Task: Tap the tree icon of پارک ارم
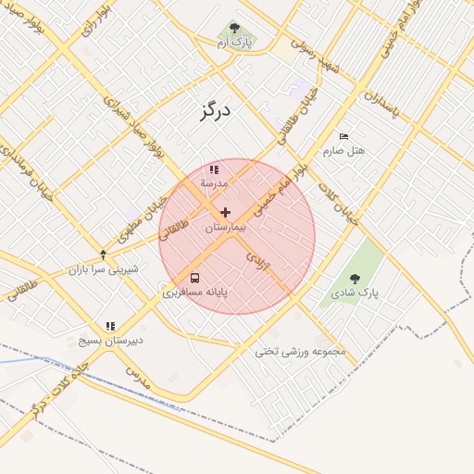[234, 28]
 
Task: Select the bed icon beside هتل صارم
[344, 136]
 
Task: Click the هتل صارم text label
[344, 150]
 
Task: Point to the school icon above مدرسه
[215, 169]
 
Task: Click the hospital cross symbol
[226, 213]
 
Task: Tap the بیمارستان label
[226, 227]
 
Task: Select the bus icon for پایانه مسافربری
[194, 277]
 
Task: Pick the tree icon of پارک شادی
[355, 279]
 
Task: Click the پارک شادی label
[355, 293]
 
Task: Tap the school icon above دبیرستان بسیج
[110, 326]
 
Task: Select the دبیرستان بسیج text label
[110, 340]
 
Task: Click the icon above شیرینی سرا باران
[103, 255]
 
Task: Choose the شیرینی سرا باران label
[103, 269]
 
